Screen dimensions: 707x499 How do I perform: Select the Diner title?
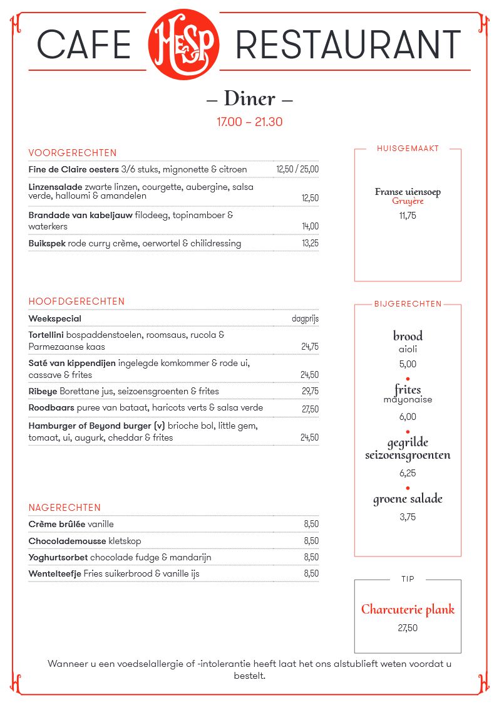click(249, 98)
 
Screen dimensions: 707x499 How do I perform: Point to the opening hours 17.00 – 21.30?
click(249, 122)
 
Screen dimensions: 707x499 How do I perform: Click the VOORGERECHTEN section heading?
click(73, 153)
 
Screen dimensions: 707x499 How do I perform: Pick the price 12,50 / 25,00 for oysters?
click(297, 169)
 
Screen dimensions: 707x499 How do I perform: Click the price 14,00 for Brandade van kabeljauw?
click(310, 226)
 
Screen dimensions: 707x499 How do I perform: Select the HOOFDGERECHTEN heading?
click(76, 301)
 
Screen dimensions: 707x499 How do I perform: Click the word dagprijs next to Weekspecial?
click(305, 318)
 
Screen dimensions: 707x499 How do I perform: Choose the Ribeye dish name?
click(43, 391)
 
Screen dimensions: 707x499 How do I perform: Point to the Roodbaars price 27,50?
click(310, 409)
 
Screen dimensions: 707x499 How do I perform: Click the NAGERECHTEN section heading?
click(64, 508)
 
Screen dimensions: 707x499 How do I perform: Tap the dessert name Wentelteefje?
click(55, 573)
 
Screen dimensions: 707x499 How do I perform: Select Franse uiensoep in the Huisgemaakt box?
click(408, 192)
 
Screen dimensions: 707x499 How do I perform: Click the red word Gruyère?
click(408, 201)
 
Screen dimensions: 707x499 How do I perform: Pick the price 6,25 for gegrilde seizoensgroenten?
click(408, 473)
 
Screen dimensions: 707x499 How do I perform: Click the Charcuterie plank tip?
click(408, 609)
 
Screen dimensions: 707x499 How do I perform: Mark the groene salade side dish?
click(408, 499)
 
